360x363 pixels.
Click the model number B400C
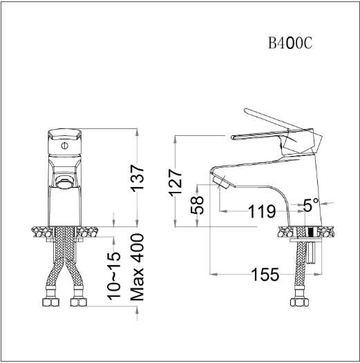point(290,43)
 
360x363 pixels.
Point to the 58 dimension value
point(197,205)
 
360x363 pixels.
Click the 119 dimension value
point(262,211)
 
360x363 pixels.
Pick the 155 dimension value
point(265,275)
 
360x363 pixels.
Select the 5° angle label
point(311,205)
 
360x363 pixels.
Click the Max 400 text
point(138,267)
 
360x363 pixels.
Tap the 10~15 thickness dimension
point(114,276)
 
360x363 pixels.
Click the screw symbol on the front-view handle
point(65,146)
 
